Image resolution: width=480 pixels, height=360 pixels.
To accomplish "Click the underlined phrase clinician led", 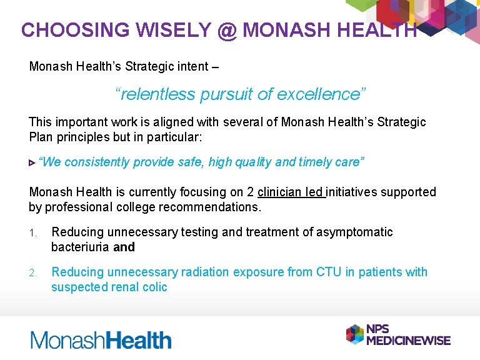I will [x=291, y=192].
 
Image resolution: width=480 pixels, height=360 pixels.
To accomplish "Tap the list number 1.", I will [x=32, y=232].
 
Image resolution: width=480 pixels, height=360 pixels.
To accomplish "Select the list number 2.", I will [x=32, y=272].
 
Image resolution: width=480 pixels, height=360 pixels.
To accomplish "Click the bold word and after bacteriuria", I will [x=124, y=247].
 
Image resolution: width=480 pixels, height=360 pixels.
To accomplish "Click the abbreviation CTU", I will [x=329, y=272].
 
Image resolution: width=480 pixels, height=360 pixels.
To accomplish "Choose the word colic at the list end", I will [x=153, y=287].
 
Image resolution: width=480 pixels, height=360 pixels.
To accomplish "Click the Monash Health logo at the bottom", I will [x=101, y=340].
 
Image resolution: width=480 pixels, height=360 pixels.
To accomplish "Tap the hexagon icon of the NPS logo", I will [x=354, y=334].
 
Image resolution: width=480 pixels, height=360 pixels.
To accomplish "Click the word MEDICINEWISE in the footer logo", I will [x=408, y=340].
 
